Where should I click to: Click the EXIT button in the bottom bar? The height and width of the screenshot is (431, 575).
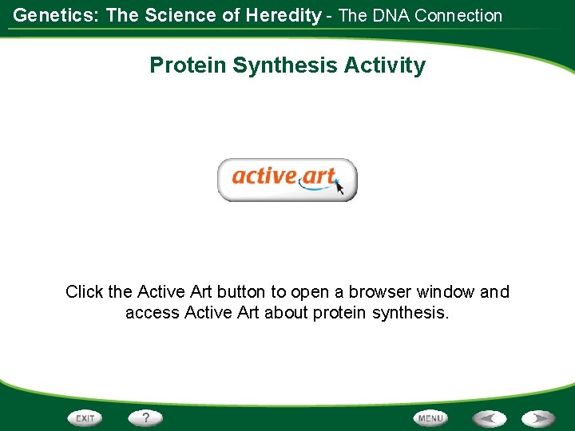pos(85,418)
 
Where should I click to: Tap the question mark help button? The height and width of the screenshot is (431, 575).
pos(145,417)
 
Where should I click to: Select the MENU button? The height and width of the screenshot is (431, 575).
pos(430,418)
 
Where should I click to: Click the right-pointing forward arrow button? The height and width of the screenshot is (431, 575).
pos(538,418)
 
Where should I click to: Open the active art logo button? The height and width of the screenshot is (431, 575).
pos(287,179)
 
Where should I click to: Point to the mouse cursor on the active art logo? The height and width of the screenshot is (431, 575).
pos(339,188)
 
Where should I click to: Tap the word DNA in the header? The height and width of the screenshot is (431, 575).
pos(391,16)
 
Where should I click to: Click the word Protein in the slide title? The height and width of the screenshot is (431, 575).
pos(188,65)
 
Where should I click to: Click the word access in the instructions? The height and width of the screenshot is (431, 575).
pos(152,313)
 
